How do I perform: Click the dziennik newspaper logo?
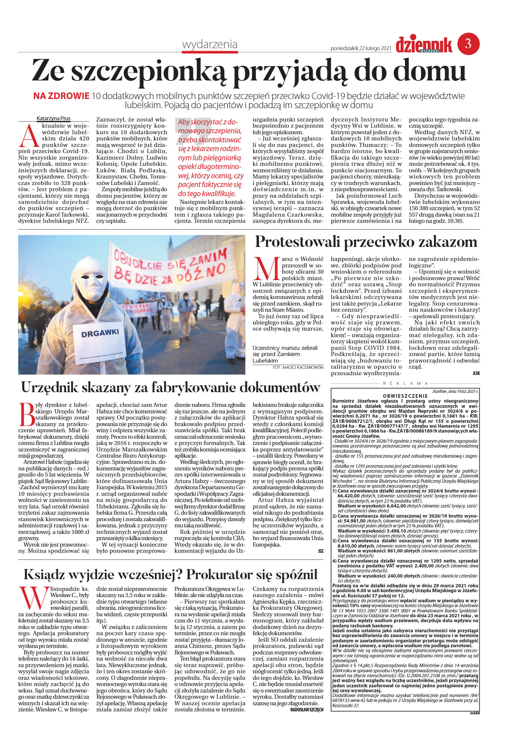pyautogui.click(x=424, y=45)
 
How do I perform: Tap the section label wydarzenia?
pyautogui.click(x=210, y=44)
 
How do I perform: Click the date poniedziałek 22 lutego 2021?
pyautogui.click(x=360, y=49)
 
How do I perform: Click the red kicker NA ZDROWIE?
pyautogui.click(x=61, y=96)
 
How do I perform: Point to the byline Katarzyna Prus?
pyautogui.click(x=53, y=119)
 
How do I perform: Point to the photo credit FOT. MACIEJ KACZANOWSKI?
pyautogui.click(x=298, y=367)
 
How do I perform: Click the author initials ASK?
pyautogui.click(x=476, y=373)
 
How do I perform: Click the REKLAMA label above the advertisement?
pyautogui.click(x=405, y=383)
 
